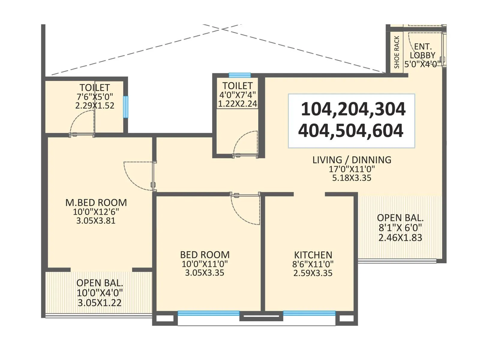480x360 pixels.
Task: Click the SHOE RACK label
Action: [397, 52]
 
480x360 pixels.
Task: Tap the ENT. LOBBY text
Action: [422, 51]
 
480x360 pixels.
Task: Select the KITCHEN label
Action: [313, 255]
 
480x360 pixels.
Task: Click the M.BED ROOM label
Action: [96, 202]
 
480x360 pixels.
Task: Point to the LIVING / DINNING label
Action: [352, 160]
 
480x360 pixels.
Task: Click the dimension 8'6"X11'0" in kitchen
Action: [313, 264]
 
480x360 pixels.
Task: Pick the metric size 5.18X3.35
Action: [352, 178]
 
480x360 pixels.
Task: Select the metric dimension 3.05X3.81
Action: [96, 221]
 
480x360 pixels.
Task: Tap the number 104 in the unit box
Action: [318, 109]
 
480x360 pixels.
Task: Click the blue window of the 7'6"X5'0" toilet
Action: [125, 107]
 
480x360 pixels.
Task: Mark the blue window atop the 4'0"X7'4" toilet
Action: [240, 75]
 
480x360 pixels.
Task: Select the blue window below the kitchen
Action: [309, 313]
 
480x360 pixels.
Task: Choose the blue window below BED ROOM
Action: [208, 313]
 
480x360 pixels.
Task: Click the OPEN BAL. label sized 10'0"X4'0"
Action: [100, 283]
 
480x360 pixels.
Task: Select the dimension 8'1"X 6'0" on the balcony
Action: [400, 228]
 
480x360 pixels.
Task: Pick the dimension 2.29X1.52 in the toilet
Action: [94, 106]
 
